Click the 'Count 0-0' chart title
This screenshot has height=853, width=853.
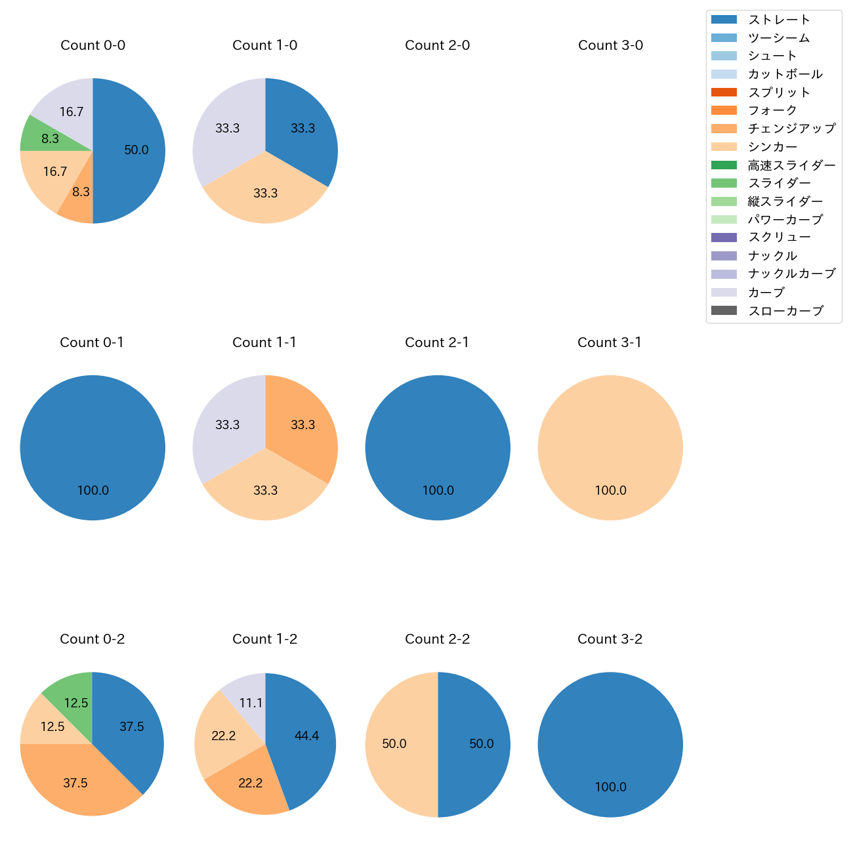tap(93, 45)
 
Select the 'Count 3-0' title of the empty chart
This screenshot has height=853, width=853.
tap(610, 45)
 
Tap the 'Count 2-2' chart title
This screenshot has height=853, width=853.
tap(437, 639)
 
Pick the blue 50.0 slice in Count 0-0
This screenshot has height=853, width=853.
tap(131, 150)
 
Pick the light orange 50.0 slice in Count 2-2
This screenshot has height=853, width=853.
tap(397, 744)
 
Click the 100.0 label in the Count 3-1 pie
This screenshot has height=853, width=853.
tap(610, 490)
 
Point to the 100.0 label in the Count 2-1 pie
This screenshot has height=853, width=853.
tap(438, 490)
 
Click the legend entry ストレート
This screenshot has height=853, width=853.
tap(780, 20)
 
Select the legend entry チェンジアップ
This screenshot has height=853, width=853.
tap(792, 129)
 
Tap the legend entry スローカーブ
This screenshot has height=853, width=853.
tap(785, 311)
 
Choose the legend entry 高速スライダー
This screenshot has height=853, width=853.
tap(792, 165)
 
